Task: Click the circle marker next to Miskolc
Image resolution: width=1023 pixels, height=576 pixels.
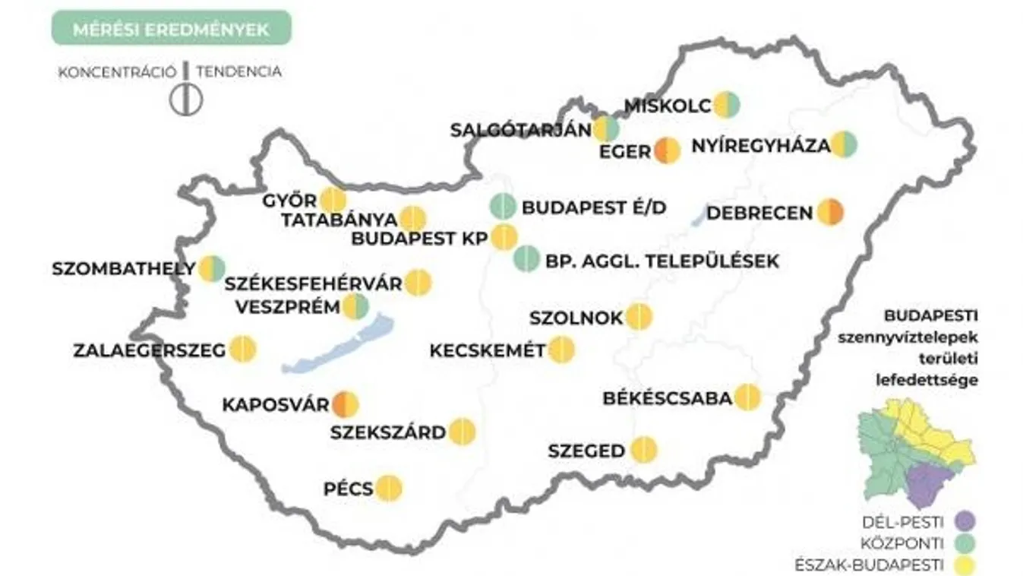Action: click(x=726, y=105)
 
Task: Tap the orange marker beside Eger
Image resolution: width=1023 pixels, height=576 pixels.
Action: click(x=668, y=150)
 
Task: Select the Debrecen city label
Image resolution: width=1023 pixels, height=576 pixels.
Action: click(x=759, y=214)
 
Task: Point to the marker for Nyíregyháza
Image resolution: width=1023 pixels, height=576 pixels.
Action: click(x=844, y=144)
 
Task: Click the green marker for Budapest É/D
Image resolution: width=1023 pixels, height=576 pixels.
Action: click(x=504, y=207)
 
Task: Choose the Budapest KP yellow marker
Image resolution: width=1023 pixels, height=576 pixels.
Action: click(x=504, y=238)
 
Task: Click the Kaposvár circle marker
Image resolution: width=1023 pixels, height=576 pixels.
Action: click(x=344, y=404)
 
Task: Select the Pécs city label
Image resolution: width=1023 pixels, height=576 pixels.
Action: click(x=349, y=489)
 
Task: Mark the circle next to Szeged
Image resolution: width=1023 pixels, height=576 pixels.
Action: click(x=644, y=451)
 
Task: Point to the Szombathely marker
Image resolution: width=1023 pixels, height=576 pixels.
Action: click(x=213, y=268)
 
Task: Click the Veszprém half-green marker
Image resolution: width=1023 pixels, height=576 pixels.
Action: click(x=355, y=307)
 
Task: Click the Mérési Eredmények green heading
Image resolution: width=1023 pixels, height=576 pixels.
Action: click(x=171, y=30)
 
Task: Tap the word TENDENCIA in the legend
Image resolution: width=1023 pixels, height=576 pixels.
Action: click(x=238, y=72)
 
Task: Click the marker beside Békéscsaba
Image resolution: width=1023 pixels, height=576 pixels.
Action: click(x=747, y=397)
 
